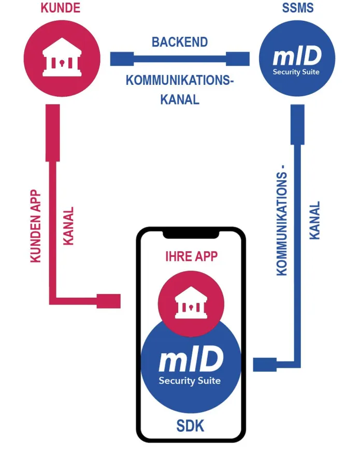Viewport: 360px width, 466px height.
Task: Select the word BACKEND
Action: [x=180, y=42]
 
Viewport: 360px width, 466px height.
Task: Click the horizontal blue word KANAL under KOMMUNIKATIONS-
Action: [x=180, y=99]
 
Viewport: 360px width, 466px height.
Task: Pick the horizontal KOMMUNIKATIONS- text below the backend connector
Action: [x=180, y=81]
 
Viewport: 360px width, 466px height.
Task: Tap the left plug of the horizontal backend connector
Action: [x=122, y=59]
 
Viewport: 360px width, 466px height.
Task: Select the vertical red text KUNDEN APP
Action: [x=36, y=225]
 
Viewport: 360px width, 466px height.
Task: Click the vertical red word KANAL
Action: [x=68, y=226]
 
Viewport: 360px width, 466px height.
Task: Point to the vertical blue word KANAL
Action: [x=314, y=220]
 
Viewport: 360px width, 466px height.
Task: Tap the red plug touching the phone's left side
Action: [x=109, y=301]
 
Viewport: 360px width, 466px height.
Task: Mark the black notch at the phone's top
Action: [x=191, y=234]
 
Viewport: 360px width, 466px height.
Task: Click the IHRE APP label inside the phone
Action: [x=191, y=257]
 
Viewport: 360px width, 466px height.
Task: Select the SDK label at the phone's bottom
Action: [x=191, y=426]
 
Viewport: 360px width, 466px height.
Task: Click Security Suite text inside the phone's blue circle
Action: [x=190, y=381]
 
